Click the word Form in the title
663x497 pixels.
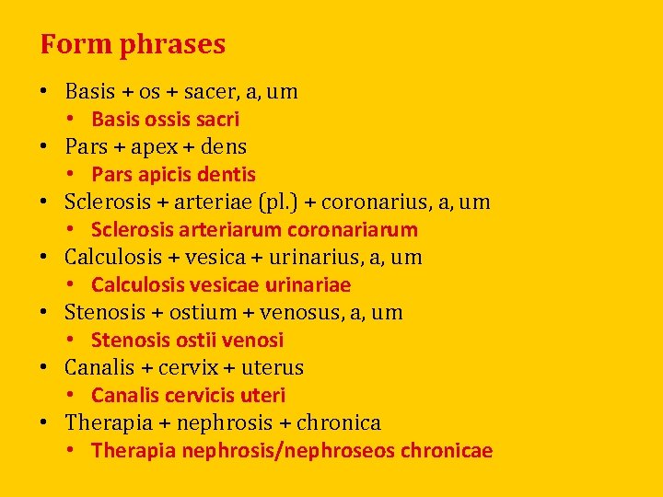pyautogui.click(x=63, y=43)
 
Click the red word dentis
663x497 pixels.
pyautogui.click(x=227, y=175)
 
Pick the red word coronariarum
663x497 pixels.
pyautogui.click(x=353, y=230)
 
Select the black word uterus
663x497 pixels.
pyautogui.click(x=273, y=368)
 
